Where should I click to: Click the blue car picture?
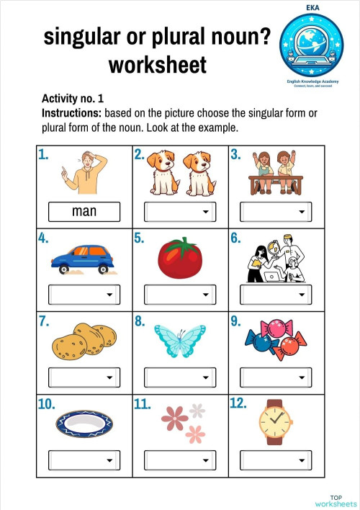[82, 259]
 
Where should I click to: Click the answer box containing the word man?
[84, 212]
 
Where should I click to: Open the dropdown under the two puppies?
[180, 212]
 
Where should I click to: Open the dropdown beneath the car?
[84, 294]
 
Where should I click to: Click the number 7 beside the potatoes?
[43, 322]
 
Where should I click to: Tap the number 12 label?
[238, 404]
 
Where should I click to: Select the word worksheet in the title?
[157, 66]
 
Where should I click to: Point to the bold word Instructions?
[71, 114]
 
